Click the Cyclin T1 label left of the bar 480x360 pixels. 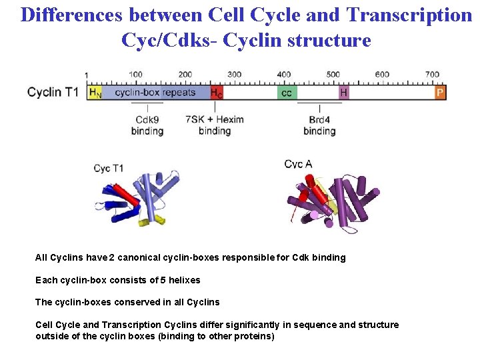(53, 92)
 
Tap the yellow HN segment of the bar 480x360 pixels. (95, 93)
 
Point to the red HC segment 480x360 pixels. (217, 93)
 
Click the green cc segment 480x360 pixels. (286, 93)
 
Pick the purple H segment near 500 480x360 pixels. (343, 93)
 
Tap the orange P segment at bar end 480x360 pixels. (440, 93)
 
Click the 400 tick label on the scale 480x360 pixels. (284, 75)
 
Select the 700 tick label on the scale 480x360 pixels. (432, 75)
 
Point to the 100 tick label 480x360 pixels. (135, 75)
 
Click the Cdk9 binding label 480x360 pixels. (147, 125)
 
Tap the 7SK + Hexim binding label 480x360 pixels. (215, 125)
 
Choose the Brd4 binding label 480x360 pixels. (319, 125)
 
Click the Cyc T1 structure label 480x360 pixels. (108, 169)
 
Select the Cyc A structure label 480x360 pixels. (298, 165)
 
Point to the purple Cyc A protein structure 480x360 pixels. (333, 200)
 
